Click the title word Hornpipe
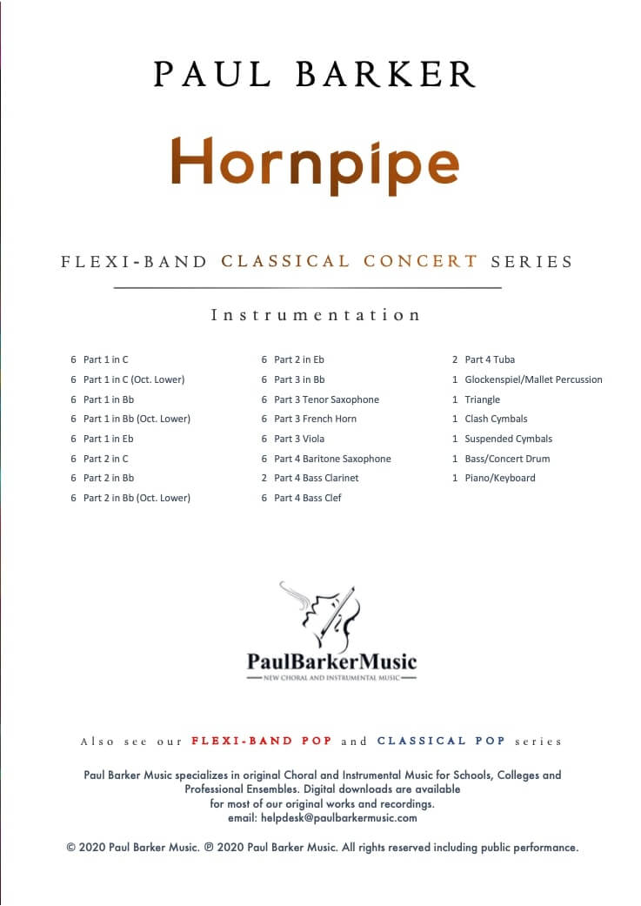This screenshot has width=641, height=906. (x=314, y=163)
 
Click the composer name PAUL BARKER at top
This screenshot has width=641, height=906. (x=315, y=75)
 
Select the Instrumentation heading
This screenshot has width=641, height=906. (x=316, y=315)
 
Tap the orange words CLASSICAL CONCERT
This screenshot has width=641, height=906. (x=350, y=261)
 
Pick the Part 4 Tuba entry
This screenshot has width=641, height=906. (x=490, y=359)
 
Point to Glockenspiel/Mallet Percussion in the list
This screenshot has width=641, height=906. (x=533, y=379)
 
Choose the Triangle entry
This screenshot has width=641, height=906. (x=482, y=399)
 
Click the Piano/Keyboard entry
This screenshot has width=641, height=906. (x=500, y=478)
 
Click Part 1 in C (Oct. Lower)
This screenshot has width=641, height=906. (x=134, y=379)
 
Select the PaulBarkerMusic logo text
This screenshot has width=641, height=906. (x=331, y=661)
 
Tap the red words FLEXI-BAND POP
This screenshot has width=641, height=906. (x=261, y=742)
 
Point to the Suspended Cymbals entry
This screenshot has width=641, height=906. (x=508, y=439)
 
